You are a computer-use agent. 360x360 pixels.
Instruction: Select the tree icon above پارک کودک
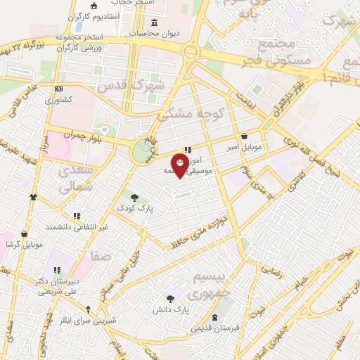click(135, 198)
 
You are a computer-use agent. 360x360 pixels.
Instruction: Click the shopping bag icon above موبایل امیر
click(244, 136)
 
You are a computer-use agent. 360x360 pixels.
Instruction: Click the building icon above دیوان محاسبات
click(134, 33)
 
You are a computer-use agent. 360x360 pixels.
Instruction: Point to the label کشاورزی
click(59, 100)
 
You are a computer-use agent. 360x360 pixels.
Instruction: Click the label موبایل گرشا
click(25, 244)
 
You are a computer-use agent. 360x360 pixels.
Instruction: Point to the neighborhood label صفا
click(100, 257)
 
